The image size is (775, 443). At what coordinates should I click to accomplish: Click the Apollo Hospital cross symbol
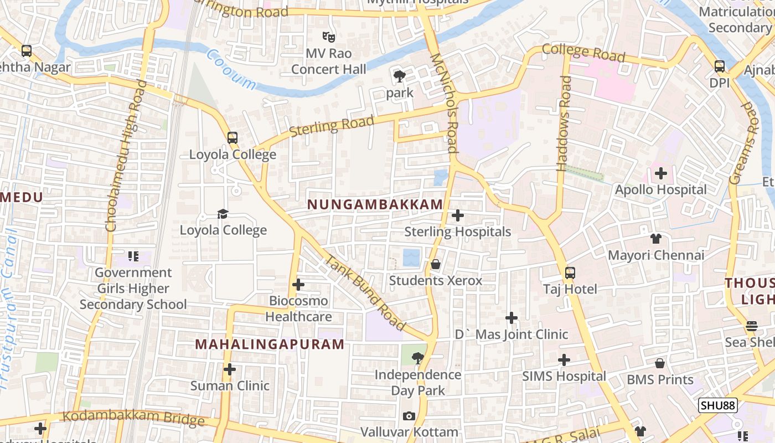(660, 173)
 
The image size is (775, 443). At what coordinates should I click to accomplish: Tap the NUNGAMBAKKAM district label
(375, 204)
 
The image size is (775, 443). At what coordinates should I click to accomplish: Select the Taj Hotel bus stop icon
(570, 272)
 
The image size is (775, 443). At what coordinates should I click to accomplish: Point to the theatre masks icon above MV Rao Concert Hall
(329, 37)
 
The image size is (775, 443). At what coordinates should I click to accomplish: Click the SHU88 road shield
(717, 405)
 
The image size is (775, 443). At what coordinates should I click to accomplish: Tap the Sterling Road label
(331, 126)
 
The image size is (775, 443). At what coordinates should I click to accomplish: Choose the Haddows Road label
(564, 123)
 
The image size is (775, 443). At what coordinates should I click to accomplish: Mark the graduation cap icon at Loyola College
(223, 214)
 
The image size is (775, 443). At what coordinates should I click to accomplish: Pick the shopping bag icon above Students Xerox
(436, 264)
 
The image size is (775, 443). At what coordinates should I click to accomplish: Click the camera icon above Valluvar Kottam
(409, 416)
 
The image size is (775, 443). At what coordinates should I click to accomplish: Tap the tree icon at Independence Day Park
(418, 358)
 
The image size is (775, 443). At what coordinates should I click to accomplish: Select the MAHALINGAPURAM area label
(270, 344)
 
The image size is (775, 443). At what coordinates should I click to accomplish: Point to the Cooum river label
(231, 70)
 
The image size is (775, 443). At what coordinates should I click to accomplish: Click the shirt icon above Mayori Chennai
(656, 239)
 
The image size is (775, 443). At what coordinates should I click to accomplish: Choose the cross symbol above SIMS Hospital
(564, 360)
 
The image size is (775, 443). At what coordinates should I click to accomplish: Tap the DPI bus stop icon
(720, 66)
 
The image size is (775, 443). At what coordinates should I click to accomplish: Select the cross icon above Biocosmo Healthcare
(298, 285)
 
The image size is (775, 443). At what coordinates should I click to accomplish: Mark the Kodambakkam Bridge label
(133, 418)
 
